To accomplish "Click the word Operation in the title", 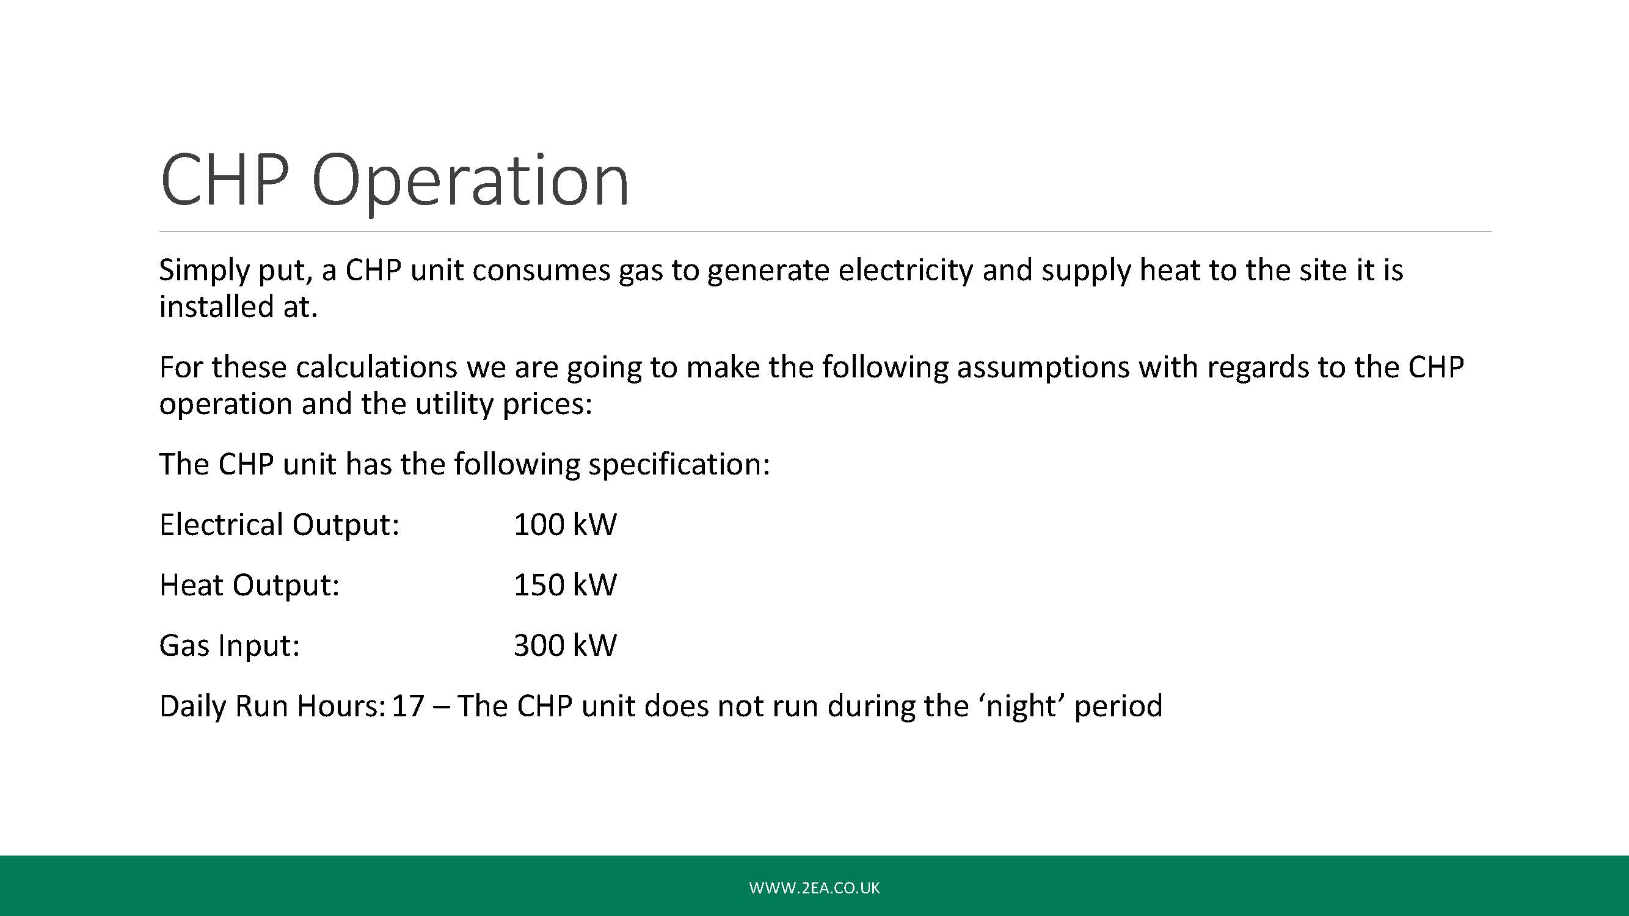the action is coord(470,182).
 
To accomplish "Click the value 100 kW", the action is coord(565,524).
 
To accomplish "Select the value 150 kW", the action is coord(565,585).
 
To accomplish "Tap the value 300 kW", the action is coord(565,645).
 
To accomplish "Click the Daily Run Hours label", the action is coord(272,706).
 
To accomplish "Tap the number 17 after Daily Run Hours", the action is coord(408,706).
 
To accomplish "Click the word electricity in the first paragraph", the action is coord(906,271).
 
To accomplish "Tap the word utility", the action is coord(453,404).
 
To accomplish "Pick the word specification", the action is coord(680,465).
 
